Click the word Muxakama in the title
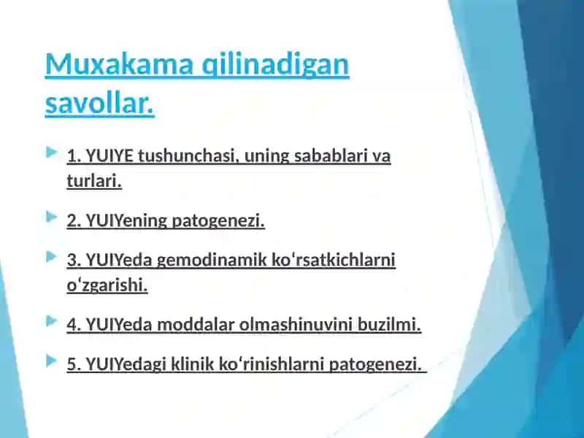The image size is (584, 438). (x=119, y=64)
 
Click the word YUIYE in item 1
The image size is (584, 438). (x=109, y=155)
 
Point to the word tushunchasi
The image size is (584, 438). (x=188, y=155)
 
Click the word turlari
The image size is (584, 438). (x=94, y=181)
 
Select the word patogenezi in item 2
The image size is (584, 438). (x=218, y=221)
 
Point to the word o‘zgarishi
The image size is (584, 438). (x=107, y=286)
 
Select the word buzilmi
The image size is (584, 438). (x=389, y=325)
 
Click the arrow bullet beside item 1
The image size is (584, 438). (x=51, y=152)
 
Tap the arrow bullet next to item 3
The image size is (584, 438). (x=51, y=257)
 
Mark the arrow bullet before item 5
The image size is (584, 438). (x=51, y=361)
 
